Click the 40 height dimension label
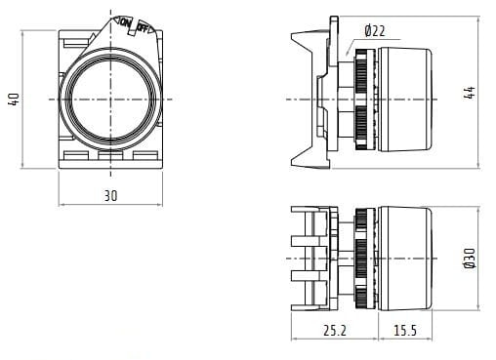pyautogui.click(x=13, y=100)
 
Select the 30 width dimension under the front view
pyautogui.click(x=110, y=196)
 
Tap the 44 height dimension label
pyautogui.click(x=470, y=93)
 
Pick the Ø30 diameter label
pyautogui.click(x=470, y=258)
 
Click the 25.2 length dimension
pyautogui.click(x=333, y=332)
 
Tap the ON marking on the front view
pyautogui.click(x=124, y=22)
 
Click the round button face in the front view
pyautogui.click(x=110, y=100)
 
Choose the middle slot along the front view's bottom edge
pyautogui.click(x=110, y=154)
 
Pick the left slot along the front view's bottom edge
pyautogui.click(x=77, y=154)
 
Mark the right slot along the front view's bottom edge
pyautogui.click(x=144, y=154)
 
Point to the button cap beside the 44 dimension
pyautogui.click(x=405, y=100)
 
